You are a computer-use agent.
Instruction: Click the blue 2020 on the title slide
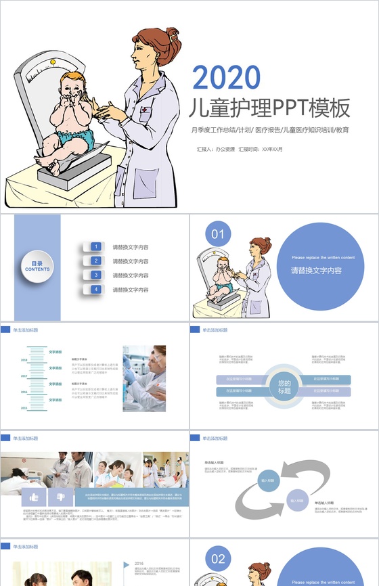(x=226, y=78)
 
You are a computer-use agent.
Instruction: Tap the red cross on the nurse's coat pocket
(x=145, y=116)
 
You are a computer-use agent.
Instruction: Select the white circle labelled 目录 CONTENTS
(x=37, y=266)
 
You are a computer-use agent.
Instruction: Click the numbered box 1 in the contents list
(x=96, y=247)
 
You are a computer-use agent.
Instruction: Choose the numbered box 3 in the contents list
(x=96, y=275)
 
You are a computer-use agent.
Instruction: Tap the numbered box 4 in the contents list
(x=96, y=290)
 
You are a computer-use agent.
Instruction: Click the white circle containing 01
(x=217, y=234)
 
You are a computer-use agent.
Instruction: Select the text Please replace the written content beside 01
(x=323, y=258)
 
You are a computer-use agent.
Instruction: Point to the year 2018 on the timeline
(x=24, y=360)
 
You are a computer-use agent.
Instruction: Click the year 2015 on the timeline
(x=24, y=408)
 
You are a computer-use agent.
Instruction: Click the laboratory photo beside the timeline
(x=144, y=378)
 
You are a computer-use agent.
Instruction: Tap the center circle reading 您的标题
(x=284, y=387)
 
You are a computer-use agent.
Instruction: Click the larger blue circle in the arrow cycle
(x=268, y=480)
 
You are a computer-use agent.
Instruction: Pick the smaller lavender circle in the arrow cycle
(x=298, y=501)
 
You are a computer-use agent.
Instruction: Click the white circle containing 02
(x=217, y=559)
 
